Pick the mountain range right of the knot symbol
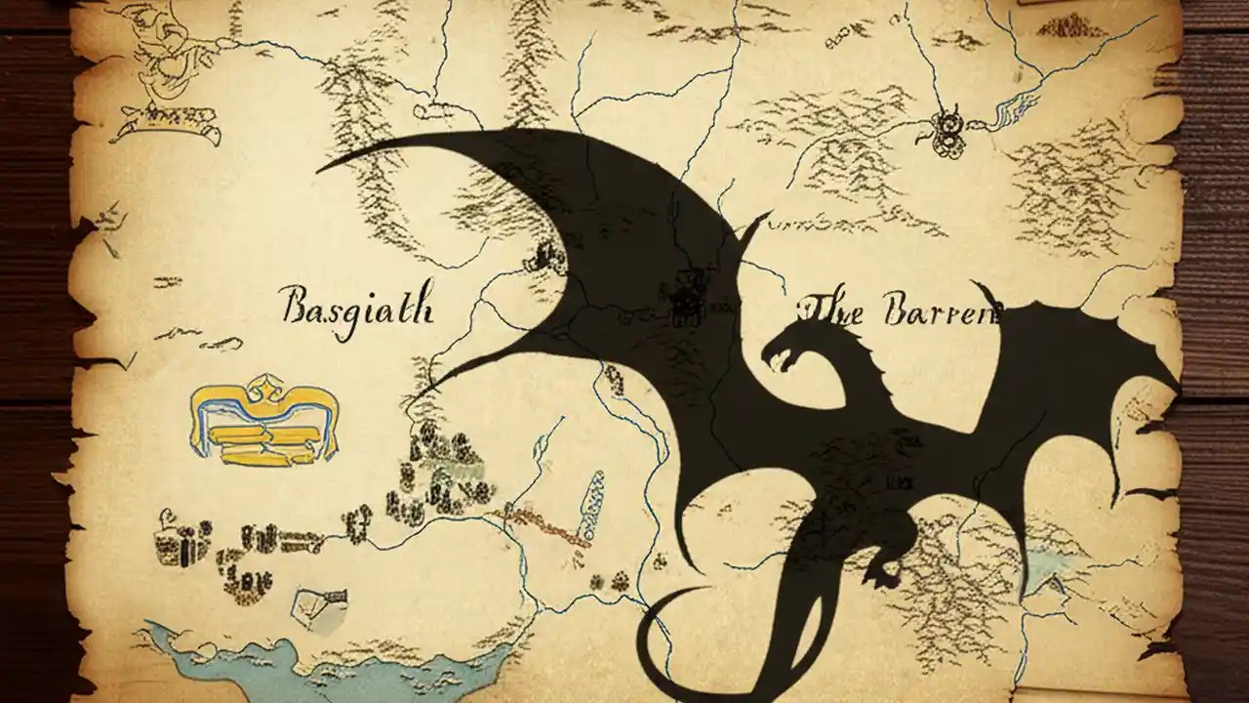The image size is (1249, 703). [1073, 186]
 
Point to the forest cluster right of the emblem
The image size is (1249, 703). [439, 469]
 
